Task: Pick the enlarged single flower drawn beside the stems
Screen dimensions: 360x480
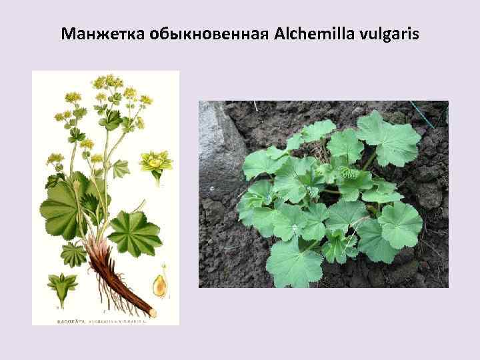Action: tap(155, 163)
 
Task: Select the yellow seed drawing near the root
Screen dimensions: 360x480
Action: tap(160, 285)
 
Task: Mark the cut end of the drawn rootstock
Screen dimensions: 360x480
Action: tap(153, 312)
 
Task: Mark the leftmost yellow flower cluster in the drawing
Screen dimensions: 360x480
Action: tap(54, 160)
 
